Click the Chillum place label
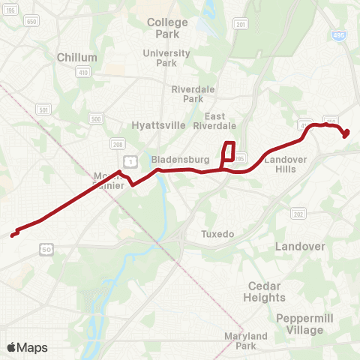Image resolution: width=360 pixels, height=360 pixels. click(77, 57)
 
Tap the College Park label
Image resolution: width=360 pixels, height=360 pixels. click(167, 28)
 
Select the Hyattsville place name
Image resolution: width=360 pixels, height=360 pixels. click(158, 125)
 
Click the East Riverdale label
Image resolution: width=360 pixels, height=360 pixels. click(220, 121)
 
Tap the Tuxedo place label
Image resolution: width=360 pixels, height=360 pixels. click(217, 235)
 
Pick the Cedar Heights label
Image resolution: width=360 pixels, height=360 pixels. click(264, 292)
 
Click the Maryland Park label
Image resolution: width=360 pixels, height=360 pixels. click(246, 341)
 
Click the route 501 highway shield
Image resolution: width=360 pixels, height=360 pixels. click(44, 110)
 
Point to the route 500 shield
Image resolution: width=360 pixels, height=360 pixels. click(95, 118)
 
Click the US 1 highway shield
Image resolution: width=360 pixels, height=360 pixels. click(130, 160)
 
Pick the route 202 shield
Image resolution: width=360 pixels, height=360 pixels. click(298, 214)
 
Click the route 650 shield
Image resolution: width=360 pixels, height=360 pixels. click(31, 22)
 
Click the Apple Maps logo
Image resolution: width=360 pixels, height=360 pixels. click(27, 347)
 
